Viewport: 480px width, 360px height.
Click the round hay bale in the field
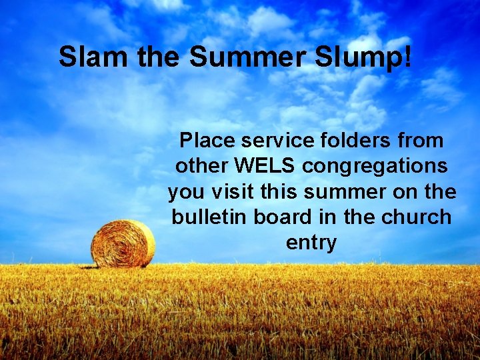coord(123,244)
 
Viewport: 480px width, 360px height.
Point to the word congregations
coord(375,166)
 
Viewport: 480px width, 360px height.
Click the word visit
coord(233,192)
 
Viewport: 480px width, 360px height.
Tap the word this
coord(280,192)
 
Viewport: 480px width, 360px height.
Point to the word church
coord(420,217)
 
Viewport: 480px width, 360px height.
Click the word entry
coord(311,243)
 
